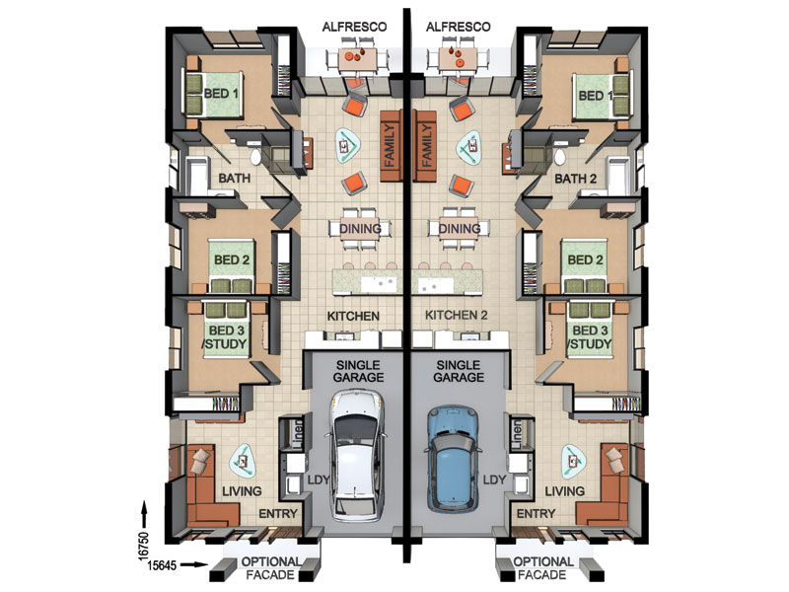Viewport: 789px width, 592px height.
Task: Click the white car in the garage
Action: coord(356,457)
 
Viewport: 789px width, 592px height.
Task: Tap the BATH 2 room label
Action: coord(576,179)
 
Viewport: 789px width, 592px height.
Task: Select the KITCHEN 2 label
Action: coord(457,315)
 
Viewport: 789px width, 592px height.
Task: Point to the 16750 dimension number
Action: coord(144,546)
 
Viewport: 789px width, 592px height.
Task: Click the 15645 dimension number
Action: coord(162,565)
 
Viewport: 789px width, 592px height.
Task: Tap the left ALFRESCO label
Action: coord(354,27)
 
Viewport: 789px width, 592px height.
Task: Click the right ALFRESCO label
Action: coord(458,27)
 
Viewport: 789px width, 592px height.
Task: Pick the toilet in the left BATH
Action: coord(255,155)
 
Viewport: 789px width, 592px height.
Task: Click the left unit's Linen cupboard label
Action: coord(298,434)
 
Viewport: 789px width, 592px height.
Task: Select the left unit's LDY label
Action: coord(319,480)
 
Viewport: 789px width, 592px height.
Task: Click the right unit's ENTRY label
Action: coord(536,513)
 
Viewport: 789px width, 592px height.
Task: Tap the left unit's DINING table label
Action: coord(360,229)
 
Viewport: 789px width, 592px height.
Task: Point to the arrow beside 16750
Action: coord(144,514)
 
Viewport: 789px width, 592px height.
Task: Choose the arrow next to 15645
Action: coord(193,565)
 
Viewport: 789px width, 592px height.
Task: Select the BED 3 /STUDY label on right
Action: coord(590,337)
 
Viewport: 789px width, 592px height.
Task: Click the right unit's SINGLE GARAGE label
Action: coord(459,371)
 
